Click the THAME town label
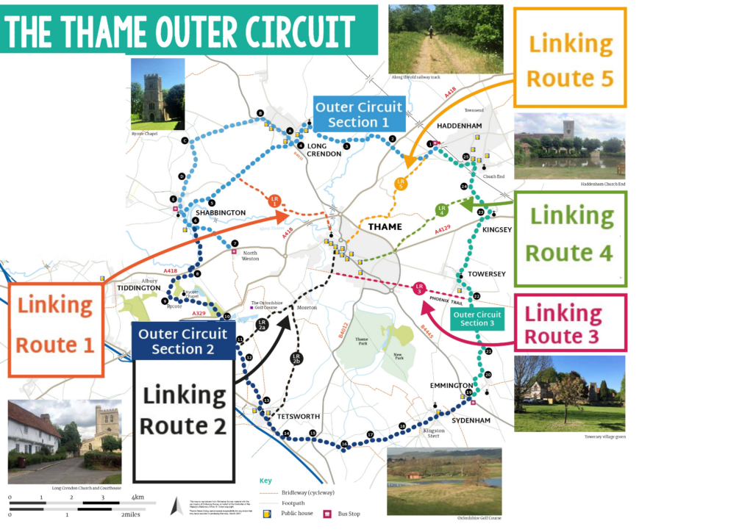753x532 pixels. (x=385, y=226)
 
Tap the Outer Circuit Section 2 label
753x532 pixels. (x=182, y=340)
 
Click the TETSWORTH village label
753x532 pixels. (x=298, y=417)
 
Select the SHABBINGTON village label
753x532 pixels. (x=221, y=212)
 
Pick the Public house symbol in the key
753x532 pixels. (x=266, y=513)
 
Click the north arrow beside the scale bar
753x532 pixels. (x=176, y=506)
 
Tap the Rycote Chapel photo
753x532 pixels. (x=157, y=94)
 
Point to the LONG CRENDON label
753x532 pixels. (x=324, y=149)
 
